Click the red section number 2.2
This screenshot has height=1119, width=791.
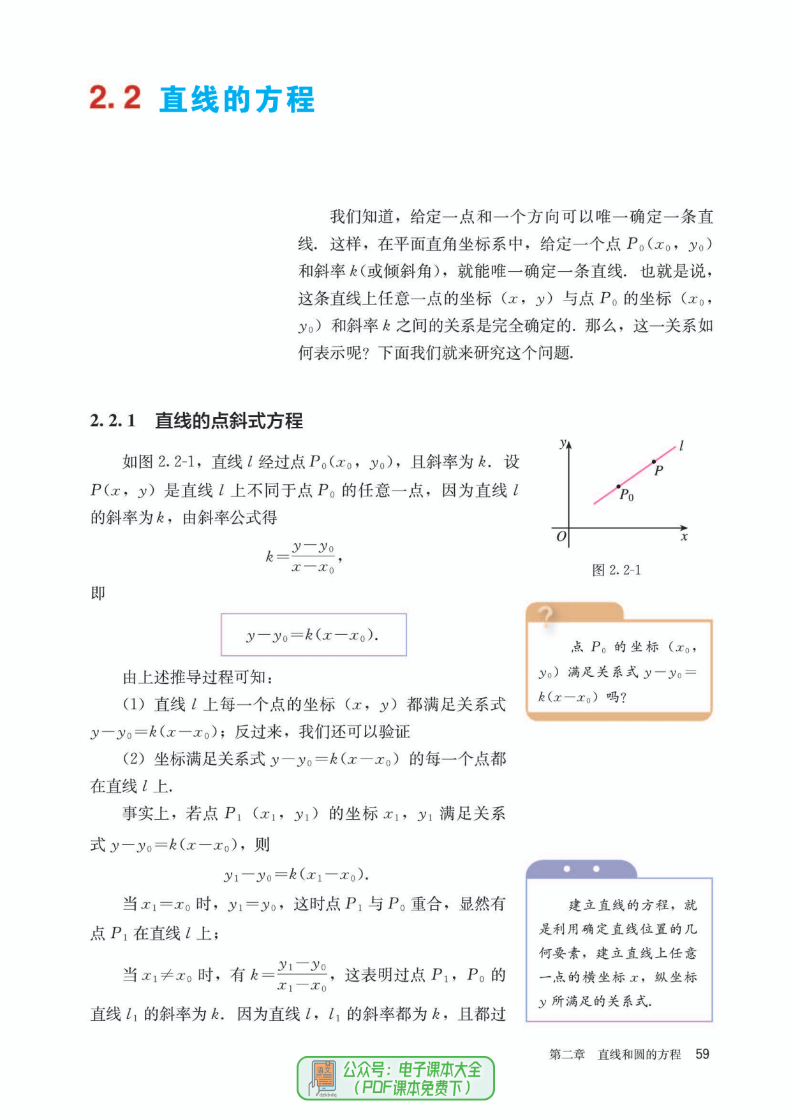pos(115,98)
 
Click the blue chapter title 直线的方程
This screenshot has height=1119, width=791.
pos(237,100)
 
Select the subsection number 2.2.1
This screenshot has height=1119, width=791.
pos(113,421)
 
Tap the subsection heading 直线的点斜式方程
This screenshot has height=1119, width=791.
pos(229,421)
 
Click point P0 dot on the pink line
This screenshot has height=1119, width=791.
pos(618,487)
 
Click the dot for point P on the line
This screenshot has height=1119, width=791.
pos(654,461)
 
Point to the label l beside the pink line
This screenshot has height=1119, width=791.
pos(681,446)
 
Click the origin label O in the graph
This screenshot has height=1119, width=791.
pos(561,537)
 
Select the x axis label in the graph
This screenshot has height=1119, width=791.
pos(684,537)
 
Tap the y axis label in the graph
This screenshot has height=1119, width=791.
pos(562,443)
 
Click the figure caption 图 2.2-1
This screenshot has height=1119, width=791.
pos(616,570)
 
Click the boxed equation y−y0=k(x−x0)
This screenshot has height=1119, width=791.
pos(313,635)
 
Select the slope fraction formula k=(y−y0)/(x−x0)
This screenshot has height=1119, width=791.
pos(304,557)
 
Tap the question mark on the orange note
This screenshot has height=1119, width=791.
pos(545,616)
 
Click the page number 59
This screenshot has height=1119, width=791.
pos(702,1054)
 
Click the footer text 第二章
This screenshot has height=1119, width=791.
pos(566,1055)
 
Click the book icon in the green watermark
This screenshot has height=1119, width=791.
pos(324,1077)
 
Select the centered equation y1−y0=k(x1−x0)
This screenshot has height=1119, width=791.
pos(297,874)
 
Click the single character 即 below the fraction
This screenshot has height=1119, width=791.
pos(98,593)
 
